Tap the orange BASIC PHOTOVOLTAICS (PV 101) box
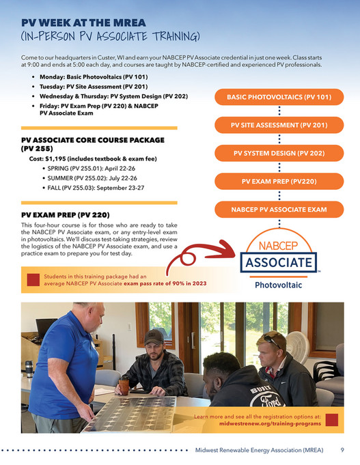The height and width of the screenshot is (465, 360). point(279,98)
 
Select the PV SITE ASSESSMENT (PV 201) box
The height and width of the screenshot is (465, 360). point(279,126)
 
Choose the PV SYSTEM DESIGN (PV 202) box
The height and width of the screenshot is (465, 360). point(279,154)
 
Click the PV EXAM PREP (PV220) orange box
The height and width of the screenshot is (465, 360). point(279,182)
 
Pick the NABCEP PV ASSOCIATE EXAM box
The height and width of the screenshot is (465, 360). point(279,210)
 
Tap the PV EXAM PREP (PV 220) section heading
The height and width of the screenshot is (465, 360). point(66,214)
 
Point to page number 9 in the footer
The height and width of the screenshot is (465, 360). point(342,451)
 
